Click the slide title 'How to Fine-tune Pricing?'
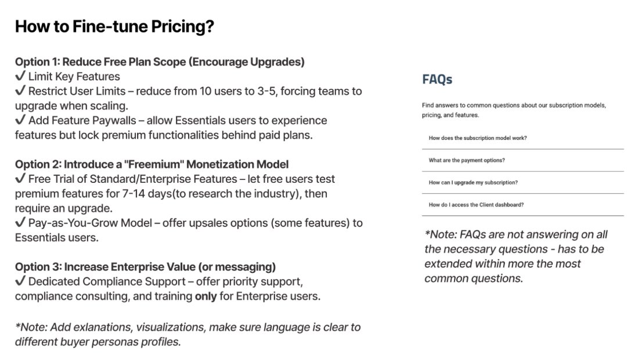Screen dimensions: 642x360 pyautogui.click(x=115, y=27)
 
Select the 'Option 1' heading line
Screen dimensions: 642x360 pyautogui.click(x=160, y=62)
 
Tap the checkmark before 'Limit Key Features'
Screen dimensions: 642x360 pyautogui.click(x=20, y=76)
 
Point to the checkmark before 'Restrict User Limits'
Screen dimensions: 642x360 pyautogui.click(x=20, y=91)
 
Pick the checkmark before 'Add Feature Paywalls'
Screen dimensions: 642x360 pyautogui.click(x=20, y=120)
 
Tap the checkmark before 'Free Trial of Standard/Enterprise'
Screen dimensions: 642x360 pyautogui.click(x=20, y=179)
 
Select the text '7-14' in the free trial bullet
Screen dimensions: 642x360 pyautogui.click(x=134, y=193)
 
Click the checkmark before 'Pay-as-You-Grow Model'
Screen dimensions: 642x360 pyautogui.click(x=20, y=223)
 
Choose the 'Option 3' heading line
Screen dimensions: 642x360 pyautogui.click(x=145, y=267)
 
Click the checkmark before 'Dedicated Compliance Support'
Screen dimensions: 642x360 pyautogui.click(x=20, y=282)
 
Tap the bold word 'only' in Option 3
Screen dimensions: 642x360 pyautogui.click(x=205, y=296)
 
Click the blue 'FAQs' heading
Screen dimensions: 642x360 pyautogui.click(x=437, y=80)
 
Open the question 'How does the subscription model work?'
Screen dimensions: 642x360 pyautogui.click(x=478, y=138)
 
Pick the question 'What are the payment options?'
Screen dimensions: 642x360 pyautogui.click(x=467, y=160)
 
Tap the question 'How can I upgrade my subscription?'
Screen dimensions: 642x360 pyautogui.click(x=473, y=183)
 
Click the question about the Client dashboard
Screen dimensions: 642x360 pyautogui.click(x=476, y=205)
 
